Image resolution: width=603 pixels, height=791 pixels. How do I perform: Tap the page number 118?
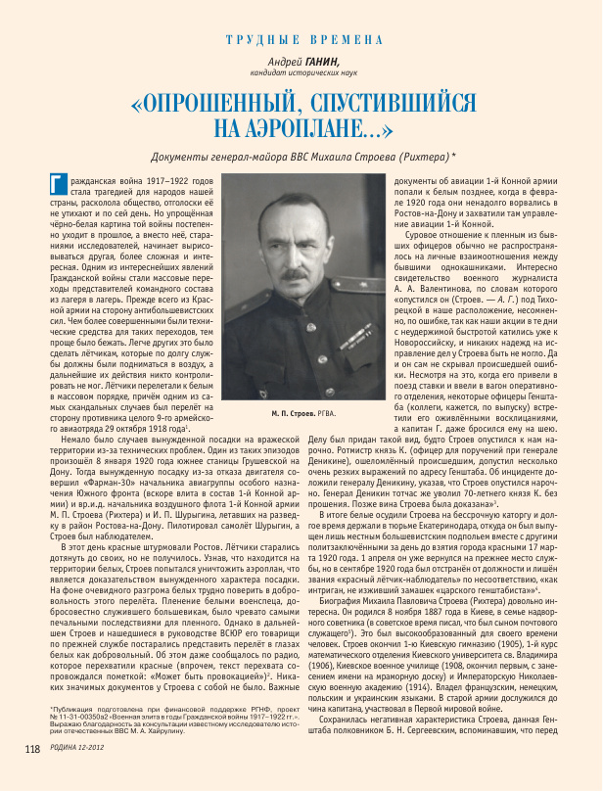click(x=32, y=776)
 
